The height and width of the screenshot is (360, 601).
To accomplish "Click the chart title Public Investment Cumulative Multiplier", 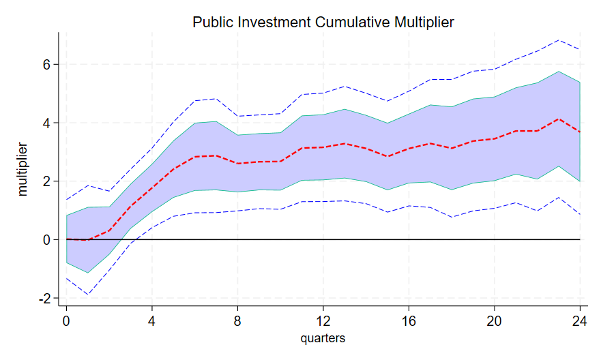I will (323, 22).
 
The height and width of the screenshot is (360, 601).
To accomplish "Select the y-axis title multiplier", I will (24, 169).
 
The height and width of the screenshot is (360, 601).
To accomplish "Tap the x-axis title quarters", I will (323, 338).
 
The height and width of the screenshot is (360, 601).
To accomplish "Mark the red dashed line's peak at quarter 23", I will (559, 119).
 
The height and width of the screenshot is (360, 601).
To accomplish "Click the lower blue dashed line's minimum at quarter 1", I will (87, 295).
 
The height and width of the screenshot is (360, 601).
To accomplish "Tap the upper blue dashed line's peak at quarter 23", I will (559, 40).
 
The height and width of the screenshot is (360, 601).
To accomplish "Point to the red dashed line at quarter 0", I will (66, 239).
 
